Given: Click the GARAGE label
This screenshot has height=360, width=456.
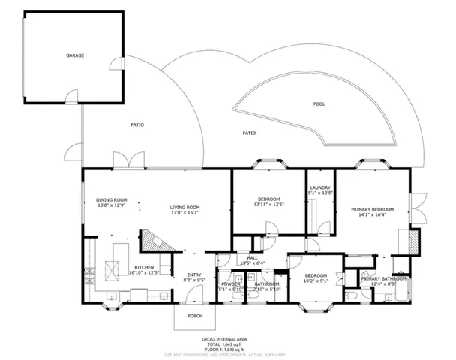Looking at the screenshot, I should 74,55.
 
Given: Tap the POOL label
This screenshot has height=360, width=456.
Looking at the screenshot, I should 319,103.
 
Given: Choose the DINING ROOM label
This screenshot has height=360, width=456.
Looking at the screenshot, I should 111,199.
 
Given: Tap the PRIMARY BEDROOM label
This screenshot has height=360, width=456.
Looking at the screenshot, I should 372,209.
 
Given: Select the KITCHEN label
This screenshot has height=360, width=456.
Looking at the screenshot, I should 144,267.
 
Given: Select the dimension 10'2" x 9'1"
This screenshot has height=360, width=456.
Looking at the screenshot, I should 316,283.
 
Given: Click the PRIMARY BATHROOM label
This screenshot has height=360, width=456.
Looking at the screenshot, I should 384,279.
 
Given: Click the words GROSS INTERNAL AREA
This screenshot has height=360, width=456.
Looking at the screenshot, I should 227,339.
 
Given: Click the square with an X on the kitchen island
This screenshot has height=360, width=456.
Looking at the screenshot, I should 114,268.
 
